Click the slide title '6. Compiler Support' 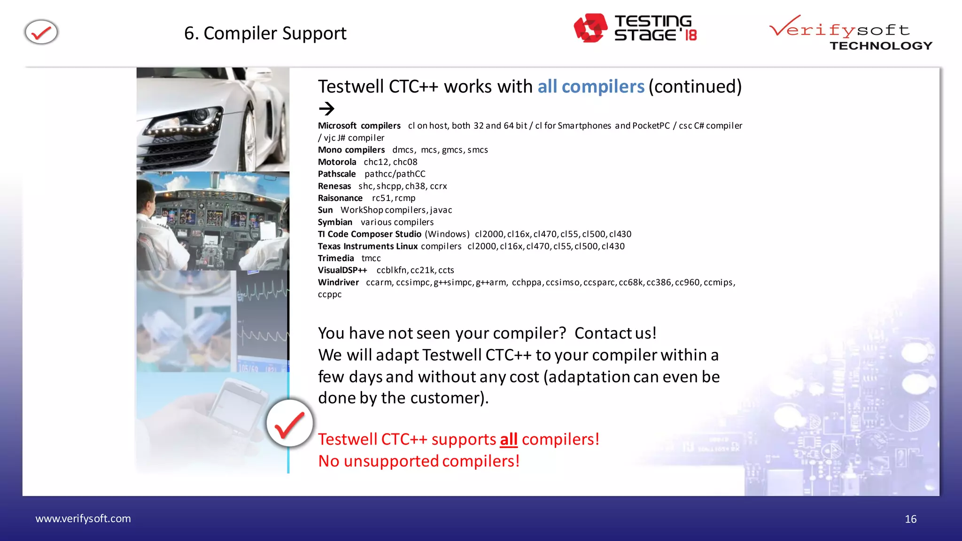265,33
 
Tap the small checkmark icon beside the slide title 41,32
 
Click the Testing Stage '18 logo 635,28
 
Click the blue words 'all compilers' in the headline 590,87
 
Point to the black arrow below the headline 326,109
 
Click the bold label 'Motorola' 337,162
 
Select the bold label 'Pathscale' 336,174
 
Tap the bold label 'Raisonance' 340,198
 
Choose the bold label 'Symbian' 334,222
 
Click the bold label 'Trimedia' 335,258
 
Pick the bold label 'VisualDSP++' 342,270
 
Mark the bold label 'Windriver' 338,282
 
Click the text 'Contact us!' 615,333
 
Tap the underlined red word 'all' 508,440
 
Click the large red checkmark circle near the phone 289,424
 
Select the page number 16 910,519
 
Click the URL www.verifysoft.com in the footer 83,518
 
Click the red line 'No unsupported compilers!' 419,461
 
